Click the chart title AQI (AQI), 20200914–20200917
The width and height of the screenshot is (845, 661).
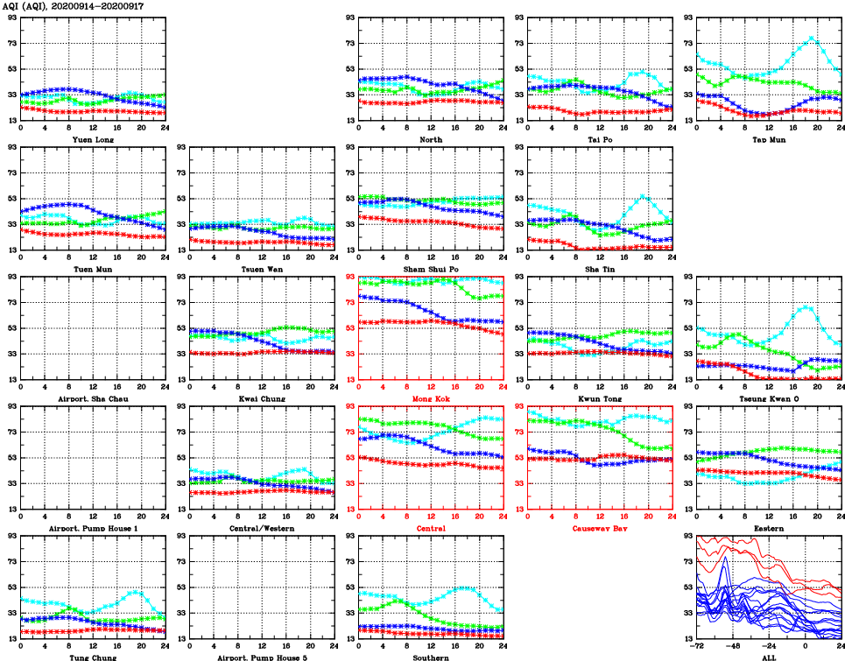74,6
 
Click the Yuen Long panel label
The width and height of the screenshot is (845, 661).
93,139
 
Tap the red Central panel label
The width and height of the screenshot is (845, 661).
431,528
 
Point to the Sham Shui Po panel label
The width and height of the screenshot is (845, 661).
431,269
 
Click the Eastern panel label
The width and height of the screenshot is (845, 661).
769,528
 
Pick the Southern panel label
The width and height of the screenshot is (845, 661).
431,657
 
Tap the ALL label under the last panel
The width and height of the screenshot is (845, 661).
769,657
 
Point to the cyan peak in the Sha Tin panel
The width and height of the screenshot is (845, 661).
643,196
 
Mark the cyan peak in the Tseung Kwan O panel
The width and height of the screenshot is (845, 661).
806,307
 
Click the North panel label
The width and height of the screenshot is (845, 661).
431,139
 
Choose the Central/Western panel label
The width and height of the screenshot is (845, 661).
262,528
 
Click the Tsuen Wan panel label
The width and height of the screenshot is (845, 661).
262,269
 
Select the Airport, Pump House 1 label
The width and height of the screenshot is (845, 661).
93,528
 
